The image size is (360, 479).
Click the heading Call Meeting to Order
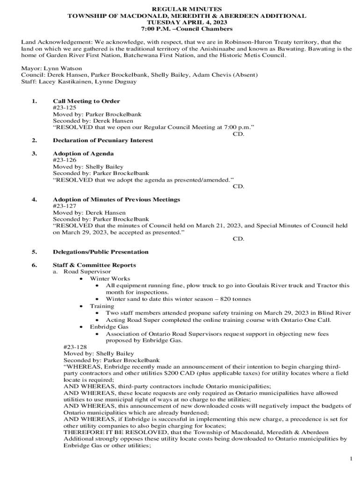click(x=86, y=101)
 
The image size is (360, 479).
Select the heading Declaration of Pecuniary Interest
click(x=103, y=140)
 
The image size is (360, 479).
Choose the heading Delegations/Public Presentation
click(x=101, y=252)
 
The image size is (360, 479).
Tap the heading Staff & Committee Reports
click(x=94, y=265)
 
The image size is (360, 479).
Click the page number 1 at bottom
click(x=351, y=459)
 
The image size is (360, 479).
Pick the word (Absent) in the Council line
click(x=245, y=75)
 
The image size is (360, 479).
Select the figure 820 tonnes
click(x=236, y=299)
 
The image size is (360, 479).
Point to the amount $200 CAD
click(x=184, y=374)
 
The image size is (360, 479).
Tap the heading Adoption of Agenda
click(x=83, y=153)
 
